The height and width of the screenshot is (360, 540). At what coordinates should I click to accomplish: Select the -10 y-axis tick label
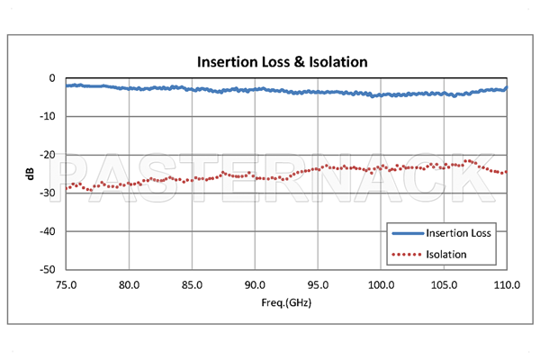[49, 116]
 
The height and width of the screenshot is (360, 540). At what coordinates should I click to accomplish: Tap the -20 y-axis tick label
[49, 155]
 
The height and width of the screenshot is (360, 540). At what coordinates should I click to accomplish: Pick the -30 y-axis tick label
[49, 193]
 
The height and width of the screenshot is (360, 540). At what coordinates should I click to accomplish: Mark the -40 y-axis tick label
[49, 231]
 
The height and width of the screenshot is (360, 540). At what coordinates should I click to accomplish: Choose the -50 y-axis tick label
[49, 269]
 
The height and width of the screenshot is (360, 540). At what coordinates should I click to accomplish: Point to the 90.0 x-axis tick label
[256, 284]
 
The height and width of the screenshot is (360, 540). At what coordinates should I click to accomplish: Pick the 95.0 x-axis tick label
[319, 284]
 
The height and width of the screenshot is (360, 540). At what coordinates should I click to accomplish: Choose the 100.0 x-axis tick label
[382, 284]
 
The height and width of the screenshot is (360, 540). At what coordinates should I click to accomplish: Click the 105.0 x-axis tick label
[445, 284]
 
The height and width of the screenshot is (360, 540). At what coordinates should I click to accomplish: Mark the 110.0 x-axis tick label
[506, 284]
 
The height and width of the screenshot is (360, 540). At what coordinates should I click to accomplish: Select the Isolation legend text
[447, 254]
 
